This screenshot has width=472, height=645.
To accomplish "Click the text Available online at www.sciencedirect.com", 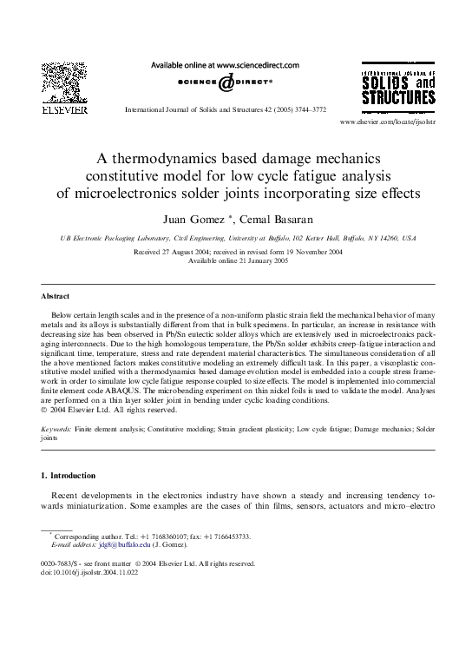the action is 225,65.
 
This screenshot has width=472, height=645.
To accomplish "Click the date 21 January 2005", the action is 253,260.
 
